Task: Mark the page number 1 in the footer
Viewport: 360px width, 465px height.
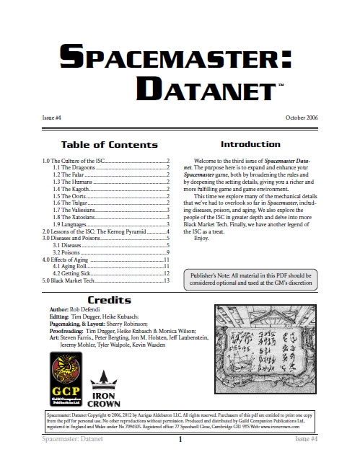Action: tap(180, 458)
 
